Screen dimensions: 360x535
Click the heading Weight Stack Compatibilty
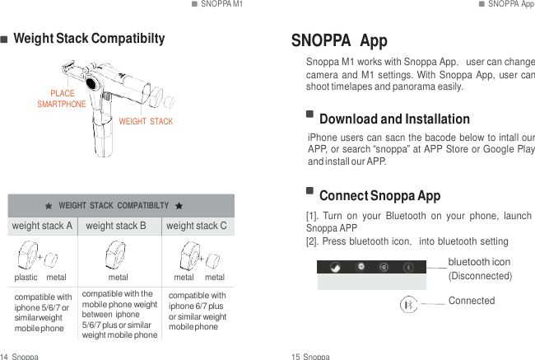89,39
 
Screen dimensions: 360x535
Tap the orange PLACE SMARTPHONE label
62,100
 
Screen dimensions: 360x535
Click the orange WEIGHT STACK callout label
146,122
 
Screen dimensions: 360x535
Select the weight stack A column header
41,226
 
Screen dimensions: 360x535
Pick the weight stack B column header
116,226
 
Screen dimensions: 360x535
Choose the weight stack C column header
196,226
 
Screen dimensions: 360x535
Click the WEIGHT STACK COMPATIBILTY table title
114,205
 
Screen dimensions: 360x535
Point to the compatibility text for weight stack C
197,311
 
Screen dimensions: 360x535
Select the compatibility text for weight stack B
119,314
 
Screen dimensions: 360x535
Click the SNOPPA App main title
339,42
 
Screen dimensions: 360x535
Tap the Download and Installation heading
394,119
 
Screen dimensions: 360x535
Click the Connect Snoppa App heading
379,196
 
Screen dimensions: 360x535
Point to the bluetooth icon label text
479,262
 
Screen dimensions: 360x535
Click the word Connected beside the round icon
472,301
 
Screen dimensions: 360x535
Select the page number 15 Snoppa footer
310,356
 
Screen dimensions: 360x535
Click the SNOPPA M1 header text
221,4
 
